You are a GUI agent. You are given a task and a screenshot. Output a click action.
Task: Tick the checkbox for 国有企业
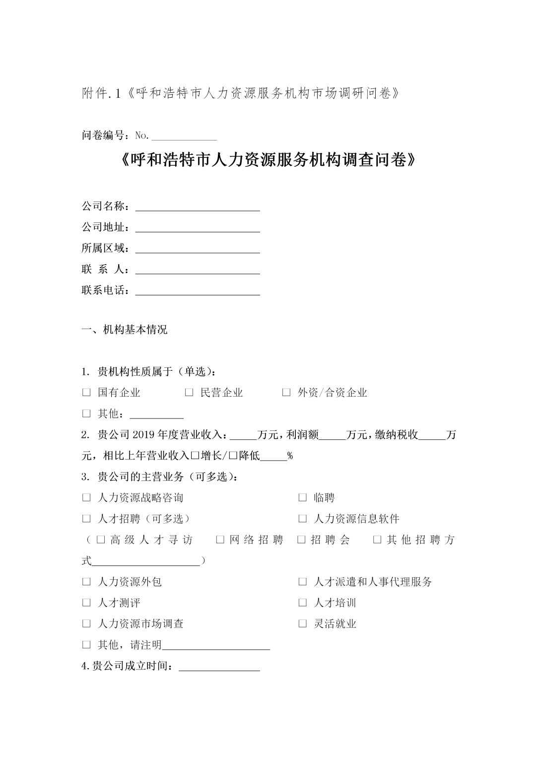pos(86,393)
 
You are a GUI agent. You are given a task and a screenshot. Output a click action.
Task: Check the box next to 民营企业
pos(189,393)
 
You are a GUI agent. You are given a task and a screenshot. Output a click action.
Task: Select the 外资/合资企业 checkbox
pos(286,393)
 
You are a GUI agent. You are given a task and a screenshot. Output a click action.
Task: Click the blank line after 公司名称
pos(198,207)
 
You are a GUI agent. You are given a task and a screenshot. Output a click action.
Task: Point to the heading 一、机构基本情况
pos(125,330)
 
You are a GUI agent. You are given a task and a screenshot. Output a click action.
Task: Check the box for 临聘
pos(302,497)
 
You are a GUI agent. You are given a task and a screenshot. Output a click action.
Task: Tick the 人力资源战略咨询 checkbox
pos(86,497)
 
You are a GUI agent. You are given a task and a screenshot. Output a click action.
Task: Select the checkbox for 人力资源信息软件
pos(302,519)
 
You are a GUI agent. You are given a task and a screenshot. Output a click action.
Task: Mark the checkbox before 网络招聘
pos(220,540)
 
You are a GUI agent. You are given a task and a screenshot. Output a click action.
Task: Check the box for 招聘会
pos(301,540)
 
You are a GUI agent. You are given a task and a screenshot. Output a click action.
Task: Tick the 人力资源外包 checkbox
pos(86,582)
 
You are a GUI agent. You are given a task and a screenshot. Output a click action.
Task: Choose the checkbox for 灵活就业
pos(302,624)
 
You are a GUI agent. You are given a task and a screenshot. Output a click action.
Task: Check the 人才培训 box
pos(302,603)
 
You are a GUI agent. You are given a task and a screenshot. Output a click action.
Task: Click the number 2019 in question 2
pos(144,435)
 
